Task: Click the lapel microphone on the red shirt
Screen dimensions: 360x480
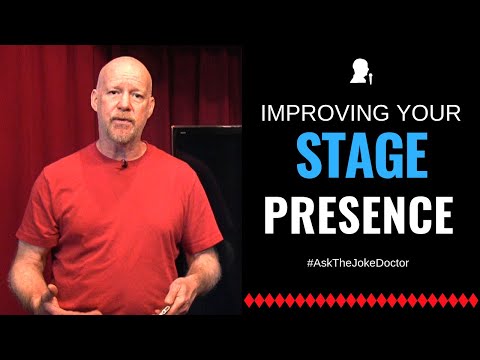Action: pos(123,163)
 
